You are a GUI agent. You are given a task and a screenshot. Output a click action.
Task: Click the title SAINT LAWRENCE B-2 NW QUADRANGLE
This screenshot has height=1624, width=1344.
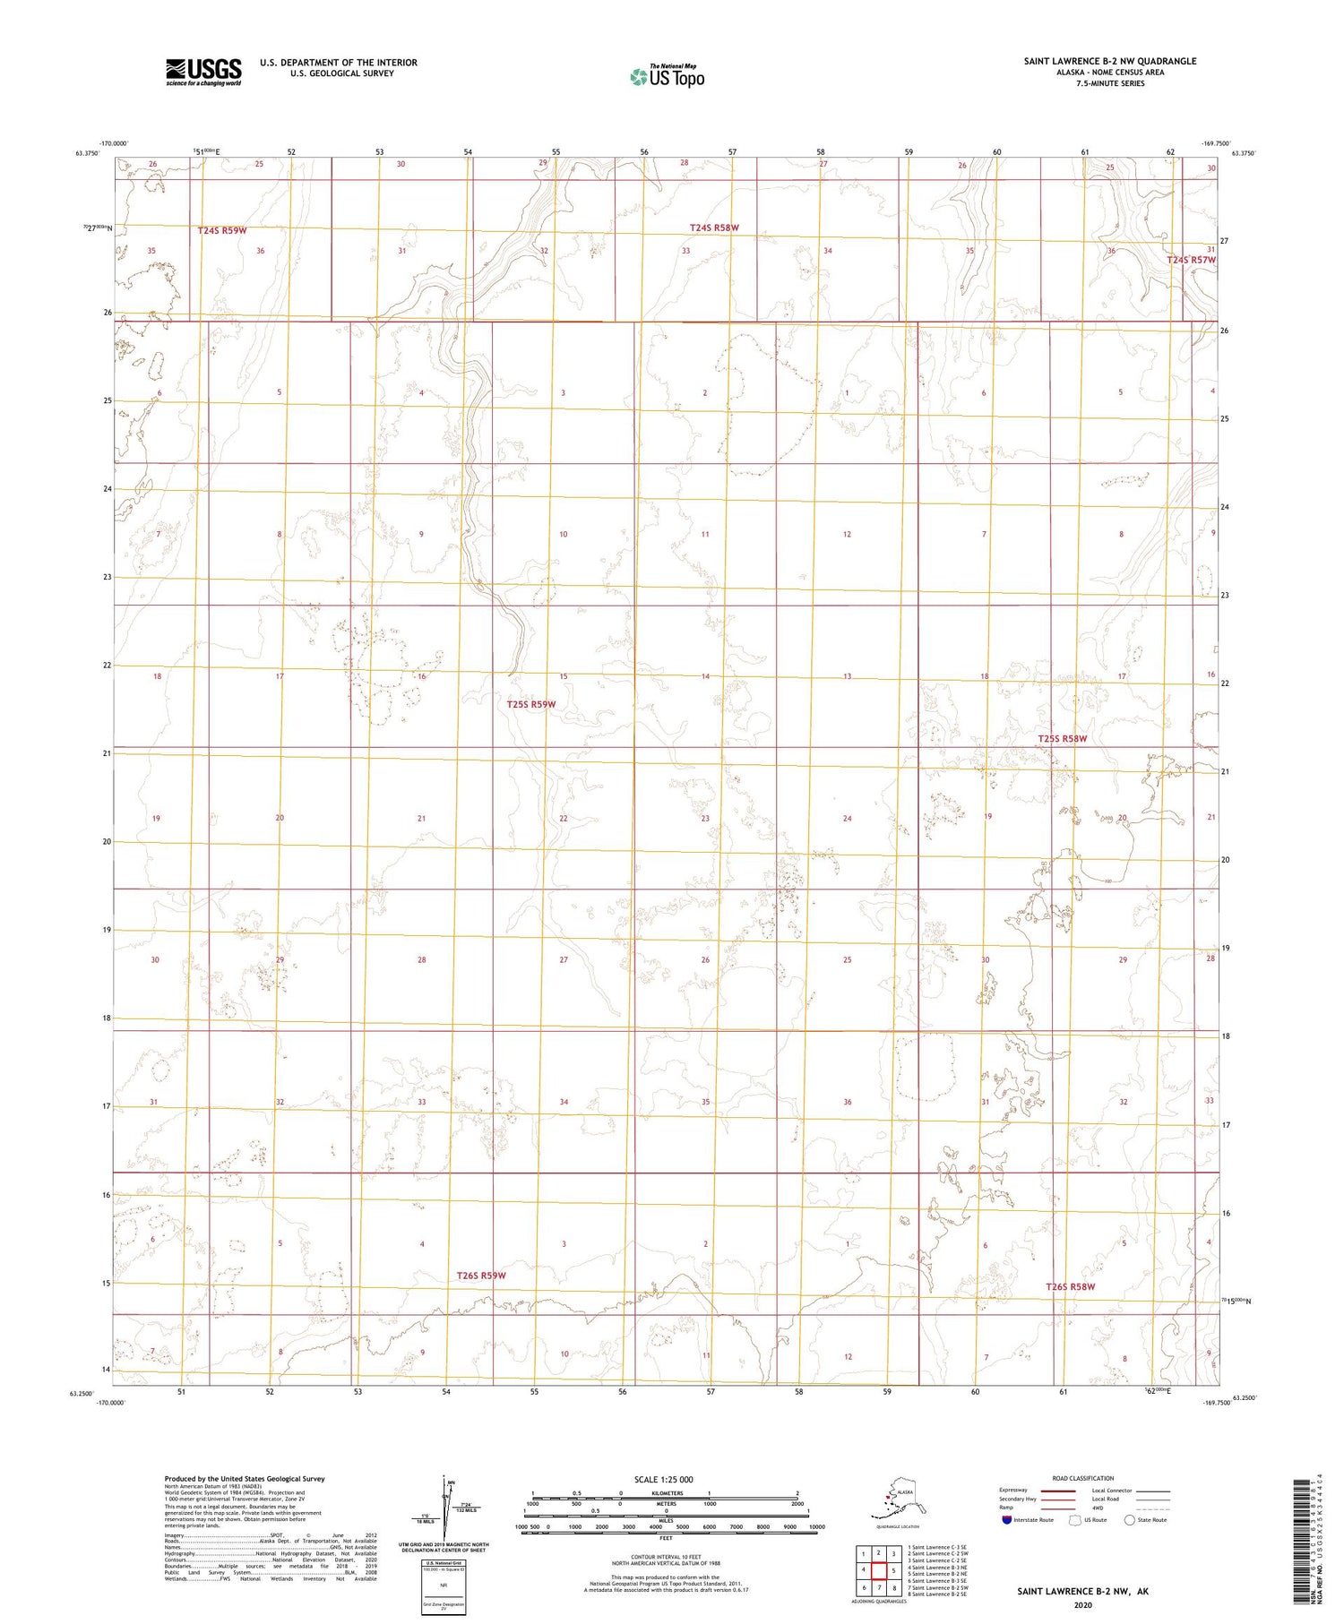coord(1110,61)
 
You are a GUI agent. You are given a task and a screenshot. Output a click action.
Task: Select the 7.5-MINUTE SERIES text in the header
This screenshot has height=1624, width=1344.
coord(1110,83)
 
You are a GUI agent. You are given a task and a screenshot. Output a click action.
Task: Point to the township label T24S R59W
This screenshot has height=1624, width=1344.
coord(222,231)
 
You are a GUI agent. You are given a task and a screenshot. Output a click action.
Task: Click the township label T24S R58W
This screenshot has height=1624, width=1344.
coord(714,228)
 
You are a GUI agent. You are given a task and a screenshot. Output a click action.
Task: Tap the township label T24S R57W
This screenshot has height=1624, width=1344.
coord(1192,261)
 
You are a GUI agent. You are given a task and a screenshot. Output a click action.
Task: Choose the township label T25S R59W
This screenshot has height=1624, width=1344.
coord(531,705)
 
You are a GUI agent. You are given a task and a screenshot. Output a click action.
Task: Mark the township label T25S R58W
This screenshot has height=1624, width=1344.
coord(1062,739)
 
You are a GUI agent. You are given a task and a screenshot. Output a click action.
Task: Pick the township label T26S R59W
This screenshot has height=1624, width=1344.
coord(481,1276)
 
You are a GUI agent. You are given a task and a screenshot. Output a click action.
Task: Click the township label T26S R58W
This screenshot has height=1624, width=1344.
coord(1070,1287)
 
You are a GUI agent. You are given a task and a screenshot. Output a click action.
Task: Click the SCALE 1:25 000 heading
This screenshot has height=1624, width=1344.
coord(663,1479)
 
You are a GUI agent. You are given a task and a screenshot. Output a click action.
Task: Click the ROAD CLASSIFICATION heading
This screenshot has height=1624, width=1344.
coord(1082,1478)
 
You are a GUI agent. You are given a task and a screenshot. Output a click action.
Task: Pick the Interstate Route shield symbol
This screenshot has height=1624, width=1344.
coord(1007,1520)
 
